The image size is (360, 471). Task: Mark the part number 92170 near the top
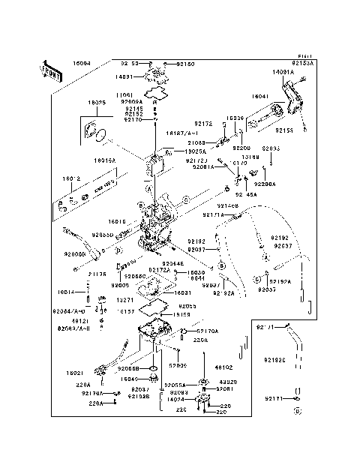133,120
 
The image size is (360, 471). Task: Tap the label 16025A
195,151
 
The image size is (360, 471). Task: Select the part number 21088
196,142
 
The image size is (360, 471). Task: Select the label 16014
66,292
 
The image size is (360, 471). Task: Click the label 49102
224,368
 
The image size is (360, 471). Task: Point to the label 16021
73,373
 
